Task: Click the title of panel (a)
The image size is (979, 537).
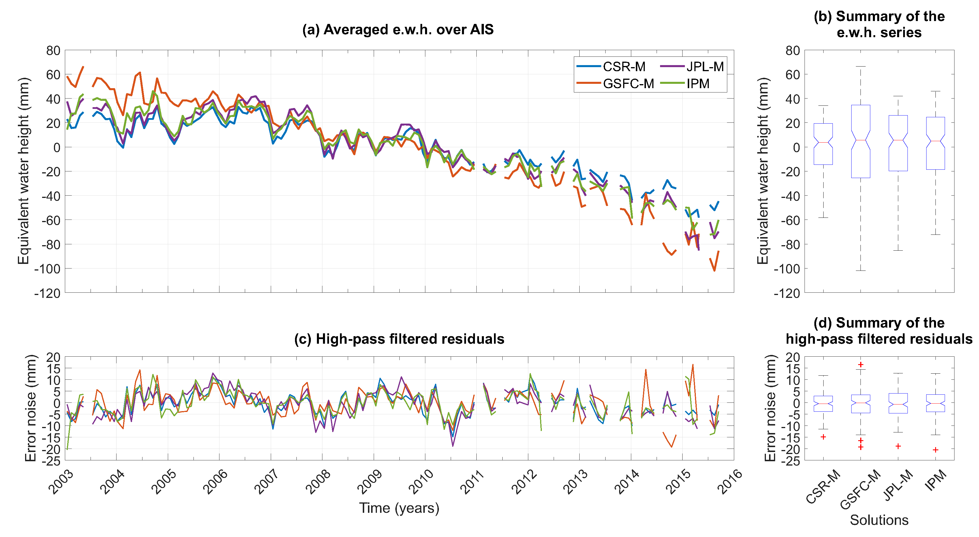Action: (398, 30)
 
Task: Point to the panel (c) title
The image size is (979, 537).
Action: (399, 339)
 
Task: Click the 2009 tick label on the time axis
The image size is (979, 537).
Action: (369, 482)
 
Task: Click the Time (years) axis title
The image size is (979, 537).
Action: (399, 508)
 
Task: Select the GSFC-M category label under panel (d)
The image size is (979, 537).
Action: (860, 490)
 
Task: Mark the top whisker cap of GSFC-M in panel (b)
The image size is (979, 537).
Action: (860, 67)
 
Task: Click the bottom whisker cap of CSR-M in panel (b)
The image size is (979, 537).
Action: (823, 218)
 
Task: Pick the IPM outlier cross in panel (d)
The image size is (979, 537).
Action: (935, 450)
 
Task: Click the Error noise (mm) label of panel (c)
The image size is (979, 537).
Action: (30, 408)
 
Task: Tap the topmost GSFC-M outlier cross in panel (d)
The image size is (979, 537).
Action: (860, 365)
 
